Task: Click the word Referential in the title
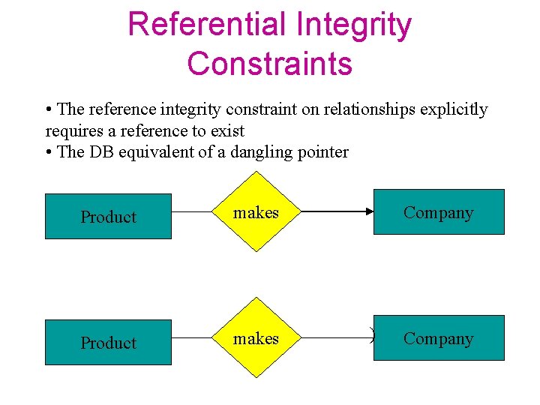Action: [207, 24]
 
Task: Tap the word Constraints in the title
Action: [270, 63]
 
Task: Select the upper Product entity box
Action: [108, 217]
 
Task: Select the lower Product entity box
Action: [108, 343]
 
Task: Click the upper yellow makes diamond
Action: [256, 213]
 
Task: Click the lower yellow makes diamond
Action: [256, 339]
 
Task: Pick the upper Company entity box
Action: [439, 212]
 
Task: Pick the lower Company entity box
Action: [439, 338]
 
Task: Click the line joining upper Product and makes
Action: [192, 214]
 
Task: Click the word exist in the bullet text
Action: [227, 131]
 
